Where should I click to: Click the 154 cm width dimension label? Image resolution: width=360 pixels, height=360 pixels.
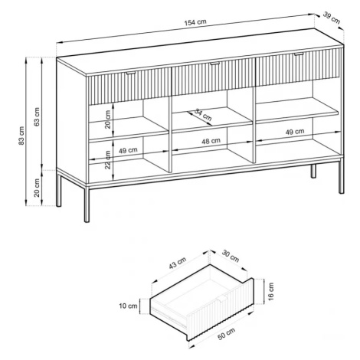click(x=195, y=22)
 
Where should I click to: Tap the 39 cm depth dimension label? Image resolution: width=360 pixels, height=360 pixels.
click(x=332, y=18)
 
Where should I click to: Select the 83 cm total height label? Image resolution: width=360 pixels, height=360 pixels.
click(x=21, y=136)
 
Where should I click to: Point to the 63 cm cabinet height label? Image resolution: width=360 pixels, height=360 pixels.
click(x=37, y=116)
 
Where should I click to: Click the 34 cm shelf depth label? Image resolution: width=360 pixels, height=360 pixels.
click(x=203, y=115)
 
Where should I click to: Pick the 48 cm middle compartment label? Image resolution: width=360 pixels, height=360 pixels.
click(x=211, y=141)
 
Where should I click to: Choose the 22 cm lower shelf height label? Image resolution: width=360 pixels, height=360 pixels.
click(x=108, y=160)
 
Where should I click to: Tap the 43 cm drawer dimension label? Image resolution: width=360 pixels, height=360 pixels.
click(x=178, y=263)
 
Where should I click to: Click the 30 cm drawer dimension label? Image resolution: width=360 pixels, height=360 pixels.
click(x=231, y=256)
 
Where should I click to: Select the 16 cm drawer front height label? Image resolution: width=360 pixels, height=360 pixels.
click(x=270, y=291)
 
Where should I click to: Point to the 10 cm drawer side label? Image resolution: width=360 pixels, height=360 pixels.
click(x=128, y=306)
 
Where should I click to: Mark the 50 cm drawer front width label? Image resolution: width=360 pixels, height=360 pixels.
click(x=226, y=334)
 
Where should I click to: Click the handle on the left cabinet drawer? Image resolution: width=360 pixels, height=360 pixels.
click(x=132, y=74)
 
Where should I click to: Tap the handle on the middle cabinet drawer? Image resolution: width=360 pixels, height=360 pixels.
click(x=215, y=64)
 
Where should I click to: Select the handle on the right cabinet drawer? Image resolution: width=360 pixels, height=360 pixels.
click(x=299, y=54)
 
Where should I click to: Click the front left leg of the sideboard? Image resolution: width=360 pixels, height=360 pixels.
click(x=87, y=205)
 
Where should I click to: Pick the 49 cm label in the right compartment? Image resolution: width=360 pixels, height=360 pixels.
click(x=295, y=132)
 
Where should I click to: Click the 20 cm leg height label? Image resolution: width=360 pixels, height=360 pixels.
click(x=37, y=188)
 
